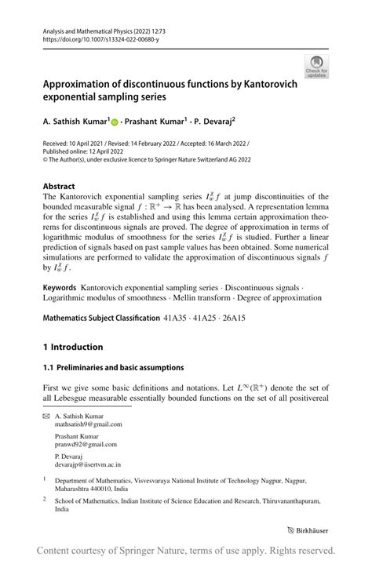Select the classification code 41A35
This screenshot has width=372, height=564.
pos(177,319)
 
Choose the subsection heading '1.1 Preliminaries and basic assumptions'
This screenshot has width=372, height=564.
pos(113,367)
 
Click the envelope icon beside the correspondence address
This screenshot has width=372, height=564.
pos(46,420)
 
